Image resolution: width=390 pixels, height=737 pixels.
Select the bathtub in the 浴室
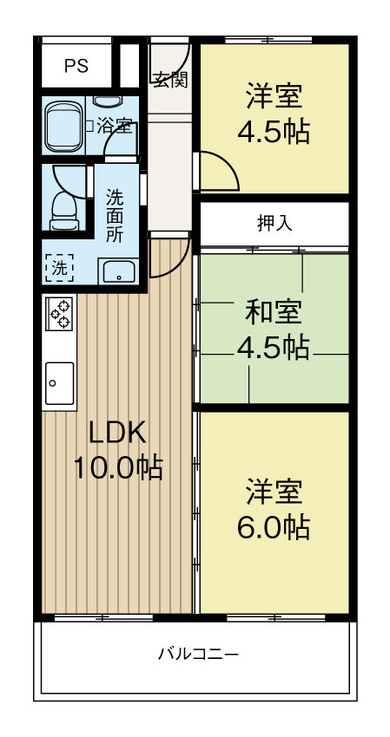pyautogui.click(x=63, y=127)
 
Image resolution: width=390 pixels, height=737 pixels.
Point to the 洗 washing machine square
pyautogui.click(x=59, y=268)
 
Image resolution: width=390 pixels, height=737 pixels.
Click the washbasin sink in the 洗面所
pyautogui.click(x=116, y=272)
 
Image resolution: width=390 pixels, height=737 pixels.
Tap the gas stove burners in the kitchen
pyautogui.click(x=61, y=313)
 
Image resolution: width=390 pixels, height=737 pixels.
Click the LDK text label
pyautogui.click(x=117, y=432)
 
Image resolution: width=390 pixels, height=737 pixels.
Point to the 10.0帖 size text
pyautogui.click(x=117, y=467)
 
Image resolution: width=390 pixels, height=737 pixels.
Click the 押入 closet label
pyautogui.click(x=274, y=223)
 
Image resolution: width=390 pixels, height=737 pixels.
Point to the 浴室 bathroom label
pyautogui.click(x=115, y=126)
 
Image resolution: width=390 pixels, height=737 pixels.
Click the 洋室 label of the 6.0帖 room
pyautogui.click(x=274, y=490)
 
